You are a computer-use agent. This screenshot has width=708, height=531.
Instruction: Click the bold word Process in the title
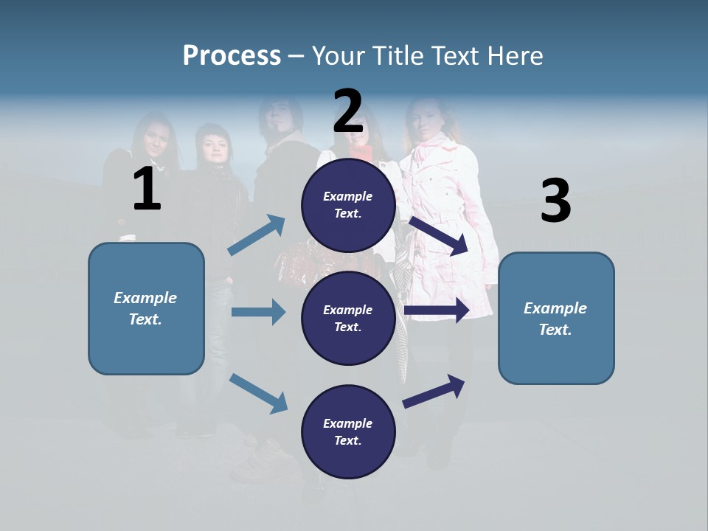pos(232,56)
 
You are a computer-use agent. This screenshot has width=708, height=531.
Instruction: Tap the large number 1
pos(147,190)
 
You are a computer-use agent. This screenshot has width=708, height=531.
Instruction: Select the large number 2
pos(348,111)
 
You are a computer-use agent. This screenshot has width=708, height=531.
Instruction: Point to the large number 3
pos(555,201)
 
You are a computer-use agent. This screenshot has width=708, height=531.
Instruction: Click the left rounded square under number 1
pos(146,308)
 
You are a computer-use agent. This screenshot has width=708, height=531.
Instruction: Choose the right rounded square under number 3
pos(556,318)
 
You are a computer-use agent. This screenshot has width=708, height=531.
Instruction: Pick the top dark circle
pos(348,205)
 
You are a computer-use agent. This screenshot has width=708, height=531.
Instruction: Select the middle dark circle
pos(348,318)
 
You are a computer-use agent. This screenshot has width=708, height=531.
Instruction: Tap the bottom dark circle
pos(348,431)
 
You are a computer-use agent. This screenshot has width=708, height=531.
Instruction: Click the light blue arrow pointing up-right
pos(257,235)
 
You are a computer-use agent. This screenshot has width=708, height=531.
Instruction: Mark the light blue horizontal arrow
pos(258,312)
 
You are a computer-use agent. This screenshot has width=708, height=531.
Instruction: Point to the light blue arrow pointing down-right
pos(258,393)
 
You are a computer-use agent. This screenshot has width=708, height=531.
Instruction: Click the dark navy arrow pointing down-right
pos(439,235)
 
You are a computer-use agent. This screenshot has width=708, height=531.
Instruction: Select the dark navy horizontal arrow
pos(437,310)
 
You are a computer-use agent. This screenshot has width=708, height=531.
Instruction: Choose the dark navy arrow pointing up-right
pos(434,391)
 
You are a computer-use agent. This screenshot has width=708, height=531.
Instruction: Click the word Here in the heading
pos(516,56)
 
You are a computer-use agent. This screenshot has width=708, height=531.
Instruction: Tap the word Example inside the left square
pos(145,298)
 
